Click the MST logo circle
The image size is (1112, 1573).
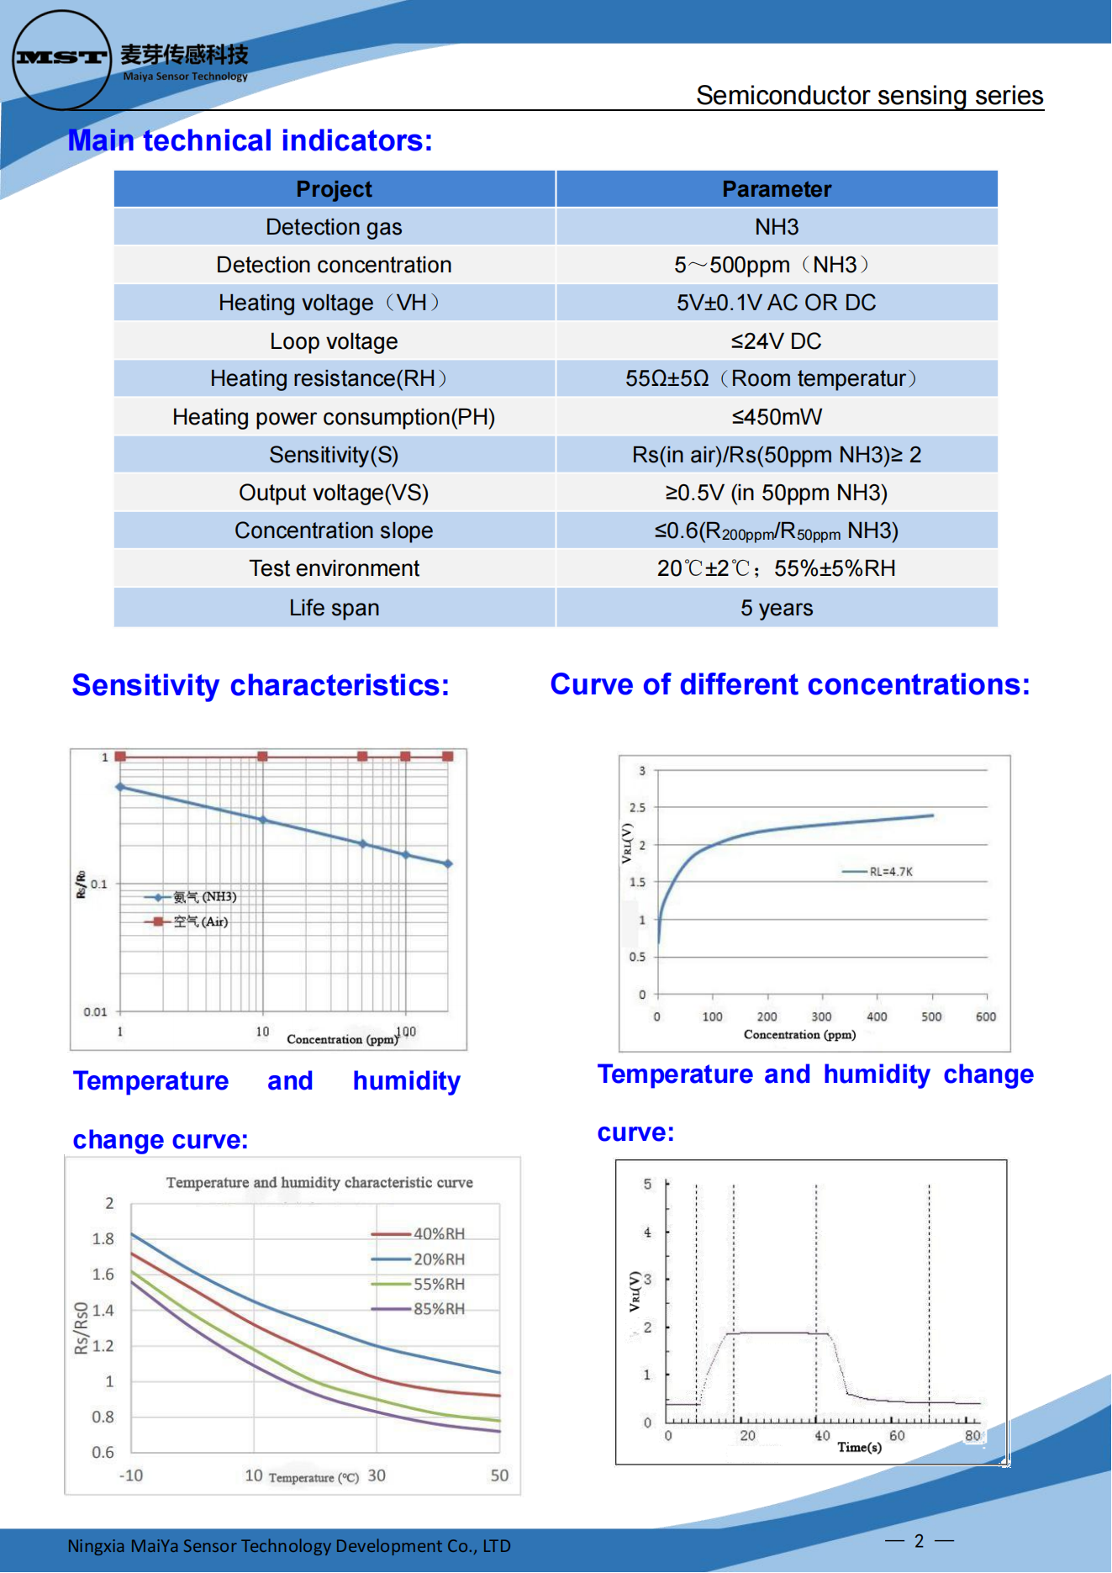pyautogui.click(x=61, y=60)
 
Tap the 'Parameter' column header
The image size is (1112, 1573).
pyautogui.click(x=776, y=189)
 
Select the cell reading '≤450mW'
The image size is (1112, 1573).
pyautogui.click(x=776, y=417)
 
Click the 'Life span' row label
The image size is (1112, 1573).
pyautogui.click(x=334, y=608)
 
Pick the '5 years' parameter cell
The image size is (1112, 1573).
pyautogui.click(x=776, y=608)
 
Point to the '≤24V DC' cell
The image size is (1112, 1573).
pyautogui.click(x=776, y=341)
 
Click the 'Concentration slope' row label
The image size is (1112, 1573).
pyautogui.click(x=334, y=530)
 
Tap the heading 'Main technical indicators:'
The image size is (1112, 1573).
pyautogui.click(x=250, y=140)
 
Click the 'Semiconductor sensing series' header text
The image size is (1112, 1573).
pyautogui.click(x=869, y=96)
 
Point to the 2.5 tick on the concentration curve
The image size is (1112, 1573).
pyautogui.click(x=638, y=808)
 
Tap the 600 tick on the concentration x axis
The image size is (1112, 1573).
pyautogui.click(x=986, y=1016)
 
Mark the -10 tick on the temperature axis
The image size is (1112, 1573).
pyautogui.click(x=131, y=1475)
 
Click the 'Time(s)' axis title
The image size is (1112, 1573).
pyautogui.click(x=859, y=1447)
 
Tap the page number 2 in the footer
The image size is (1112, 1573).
pyautogui.click(x=919, y=1541)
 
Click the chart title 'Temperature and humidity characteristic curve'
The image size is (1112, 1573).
pyautogui.click(x=319, y=1183)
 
